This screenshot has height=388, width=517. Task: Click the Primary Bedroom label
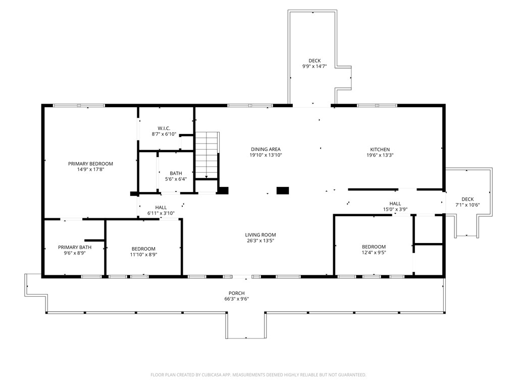[90, 164]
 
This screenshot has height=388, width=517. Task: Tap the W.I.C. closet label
[164, 128]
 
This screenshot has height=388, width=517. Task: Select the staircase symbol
[206, 155]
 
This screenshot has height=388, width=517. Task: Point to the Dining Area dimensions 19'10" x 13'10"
[266, 155]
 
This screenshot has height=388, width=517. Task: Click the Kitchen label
[380, 150]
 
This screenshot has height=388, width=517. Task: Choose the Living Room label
[261, 235]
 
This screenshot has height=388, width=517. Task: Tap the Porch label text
[237, 294]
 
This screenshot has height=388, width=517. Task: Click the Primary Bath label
[75, 247]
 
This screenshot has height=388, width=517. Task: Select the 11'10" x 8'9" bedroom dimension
[143, 255]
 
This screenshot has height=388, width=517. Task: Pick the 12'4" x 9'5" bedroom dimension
[374, 253]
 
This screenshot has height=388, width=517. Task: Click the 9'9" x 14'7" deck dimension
[315, 66]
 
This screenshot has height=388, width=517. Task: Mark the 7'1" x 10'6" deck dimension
[468, 205]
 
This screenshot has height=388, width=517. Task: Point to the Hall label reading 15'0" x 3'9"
[395, 207]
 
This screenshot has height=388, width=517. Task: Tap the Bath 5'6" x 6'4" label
[176, 176]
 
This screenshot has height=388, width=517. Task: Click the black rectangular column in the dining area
[283, 190]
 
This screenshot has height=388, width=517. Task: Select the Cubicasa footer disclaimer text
[258, 375]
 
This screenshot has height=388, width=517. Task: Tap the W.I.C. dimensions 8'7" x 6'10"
[164, 134]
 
